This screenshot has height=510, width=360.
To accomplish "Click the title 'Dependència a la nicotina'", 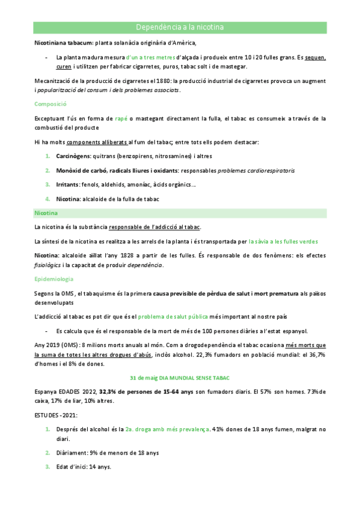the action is pos(180,28).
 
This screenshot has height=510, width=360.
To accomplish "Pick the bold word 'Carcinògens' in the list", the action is pos(73,156).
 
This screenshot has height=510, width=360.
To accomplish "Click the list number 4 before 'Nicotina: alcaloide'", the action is pos(47,198).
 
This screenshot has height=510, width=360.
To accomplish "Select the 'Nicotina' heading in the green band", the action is pos(47,213).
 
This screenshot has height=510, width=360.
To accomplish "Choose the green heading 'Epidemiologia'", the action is pos(54,279).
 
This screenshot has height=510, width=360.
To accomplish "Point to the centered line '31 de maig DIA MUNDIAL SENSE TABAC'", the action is pos(180,378).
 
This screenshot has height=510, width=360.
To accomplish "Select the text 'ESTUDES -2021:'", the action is pos(55,415).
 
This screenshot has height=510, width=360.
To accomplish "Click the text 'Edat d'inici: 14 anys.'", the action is pos(84,467).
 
